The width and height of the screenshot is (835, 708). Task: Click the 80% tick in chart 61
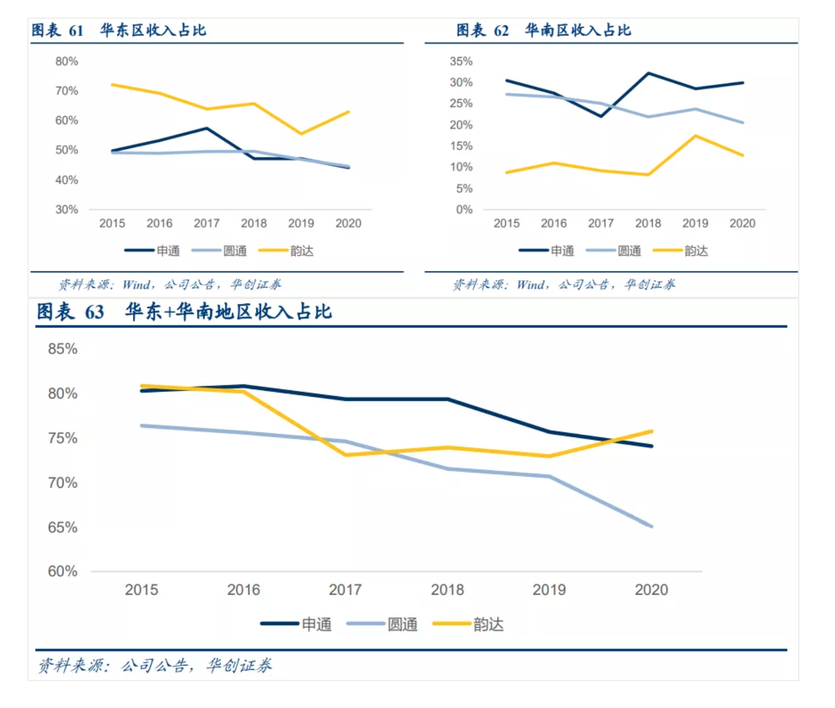pyautogui.click(x=67, y=61)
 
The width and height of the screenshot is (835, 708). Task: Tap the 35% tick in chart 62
pyautogui.click(x=461, y=61)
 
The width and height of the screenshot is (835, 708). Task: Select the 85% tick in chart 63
pyautogui.click(x=62, y=349)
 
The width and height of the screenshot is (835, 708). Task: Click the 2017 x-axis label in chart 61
pyautogui.click(x=207, y=223)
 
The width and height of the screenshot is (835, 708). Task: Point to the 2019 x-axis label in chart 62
pyautogui.click(x=695, y=223)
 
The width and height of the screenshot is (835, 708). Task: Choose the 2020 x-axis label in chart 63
pyautogui.click(x=651, y=590)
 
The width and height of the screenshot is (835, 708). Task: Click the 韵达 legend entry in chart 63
pyautogui.click(x=488, y=624)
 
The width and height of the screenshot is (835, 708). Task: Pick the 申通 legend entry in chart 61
pyautogui.click(x=168, y=251)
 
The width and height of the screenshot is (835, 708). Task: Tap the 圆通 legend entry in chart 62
pyautogui.click(x=629, y=251)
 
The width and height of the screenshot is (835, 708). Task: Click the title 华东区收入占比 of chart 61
pyautogui.click(x=153, y=30)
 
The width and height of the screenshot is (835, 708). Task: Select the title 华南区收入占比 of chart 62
pyautogui.click(x=577, y=30)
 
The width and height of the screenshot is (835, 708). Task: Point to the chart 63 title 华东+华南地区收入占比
pyautogui.click(x=228, y=312)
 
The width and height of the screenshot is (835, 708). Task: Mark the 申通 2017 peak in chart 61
pyautogui.click(x=207, y=128)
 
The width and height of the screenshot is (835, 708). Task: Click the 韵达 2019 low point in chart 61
pyautogui.click(x=301, y=134)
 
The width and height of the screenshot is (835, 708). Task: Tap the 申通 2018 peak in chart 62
pyautogui.click(x=648, y=74)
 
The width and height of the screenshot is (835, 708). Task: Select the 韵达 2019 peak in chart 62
pyautogui.click(x=695, y=136)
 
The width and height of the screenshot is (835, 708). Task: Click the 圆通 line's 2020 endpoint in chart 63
pyautogui.click(x=652, y=526)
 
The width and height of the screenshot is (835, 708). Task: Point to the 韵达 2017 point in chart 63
pyautogui.click(x=346, y=454)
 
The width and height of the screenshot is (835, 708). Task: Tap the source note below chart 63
pyautogui.click(x=155, y=665)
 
